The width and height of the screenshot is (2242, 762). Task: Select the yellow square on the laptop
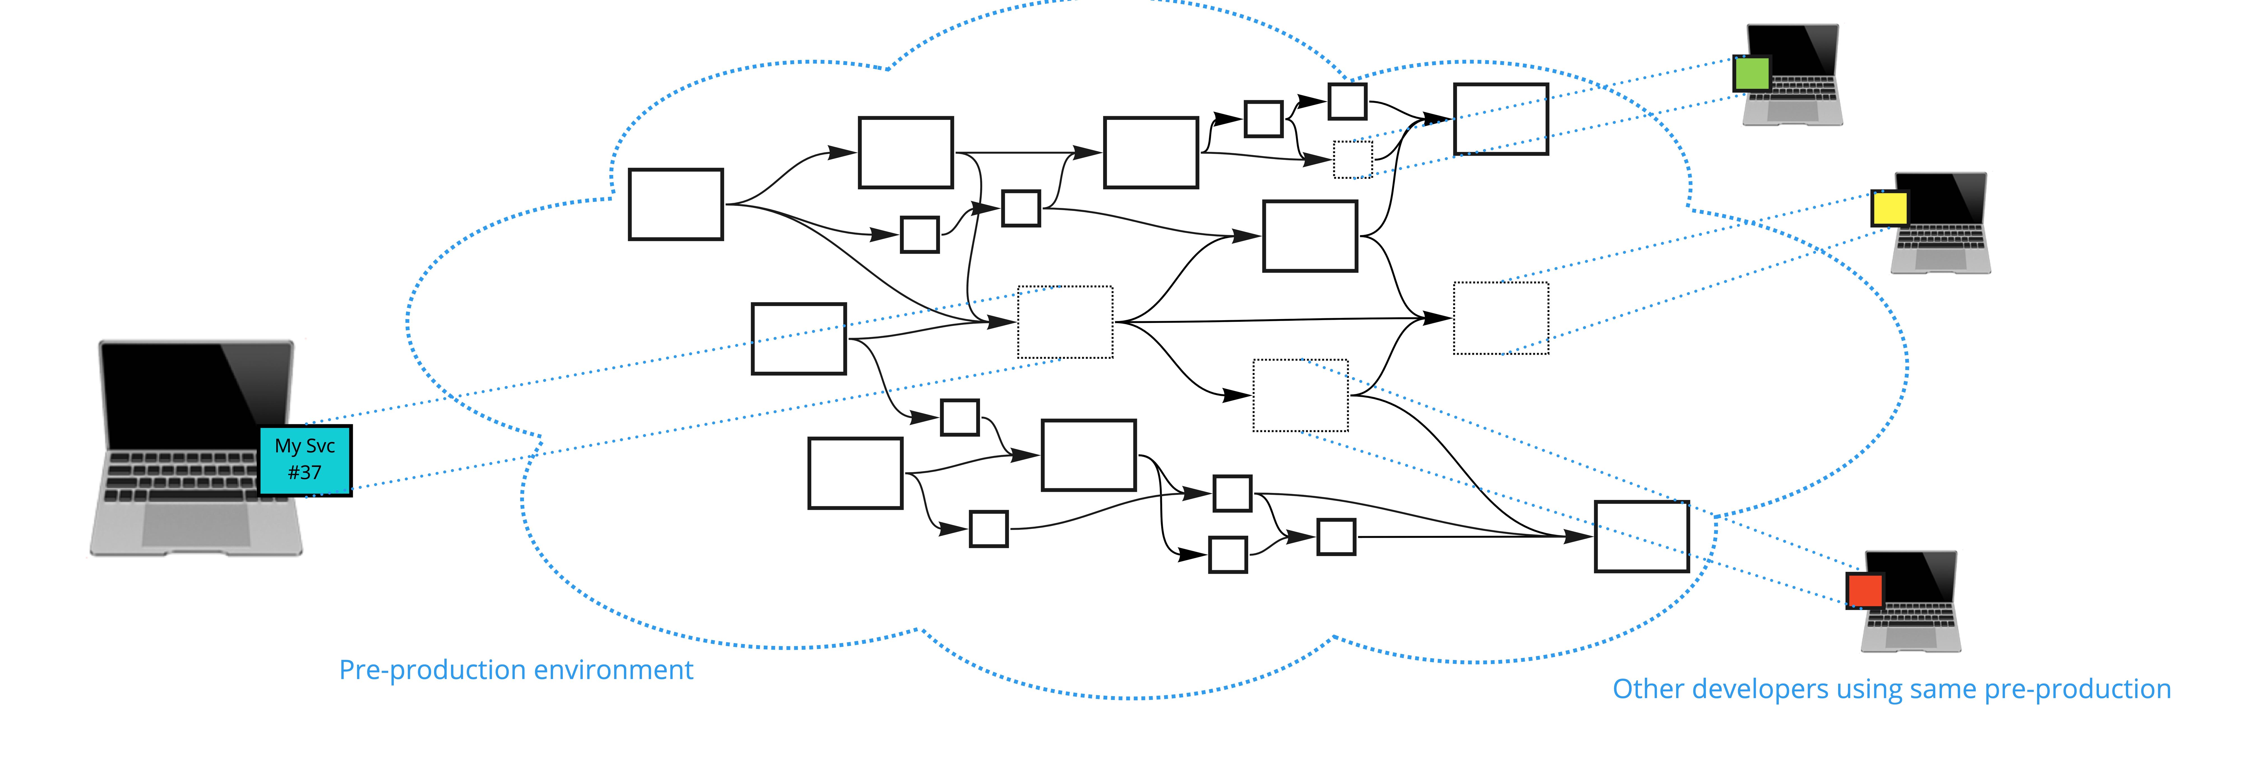pyautogui.click(x=1889, y=209)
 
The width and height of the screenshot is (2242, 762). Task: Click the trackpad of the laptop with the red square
pyautogui.click(x=1910, y=637)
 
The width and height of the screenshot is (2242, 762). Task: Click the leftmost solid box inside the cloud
pyautogui.click(x=675, y=205)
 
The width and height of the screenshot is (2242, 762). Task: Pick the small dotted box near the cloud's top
pyautogui.click(x=1352, y=159)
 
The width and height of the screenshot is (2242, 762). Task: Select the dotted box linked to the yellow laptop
pyautogui.click(x=1500, y=318)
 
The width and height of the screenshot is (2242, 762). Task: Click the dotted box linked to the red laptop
pyautogui.click(x=1300, y=395)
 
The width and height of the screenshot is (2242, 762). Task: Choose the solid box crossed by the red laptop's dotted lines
pyautogui.click(x=1641, y=536)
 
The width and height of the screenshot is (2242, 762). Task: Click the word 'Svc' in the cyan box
pyautogui.click(x=319, y=446)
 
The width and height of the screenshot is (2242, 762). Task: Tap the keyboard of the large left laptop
pyautogui.click(x=179, y=475)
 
